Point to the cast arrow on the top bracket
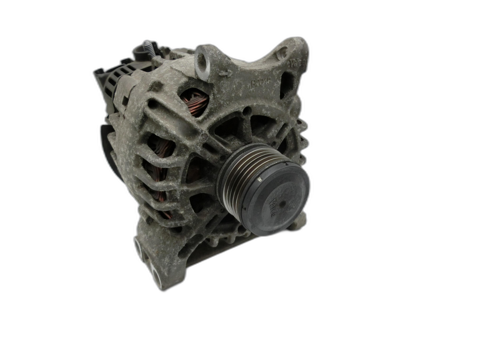[x=227, y=74]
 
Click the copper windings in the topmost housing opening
[x=196, y=102]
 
